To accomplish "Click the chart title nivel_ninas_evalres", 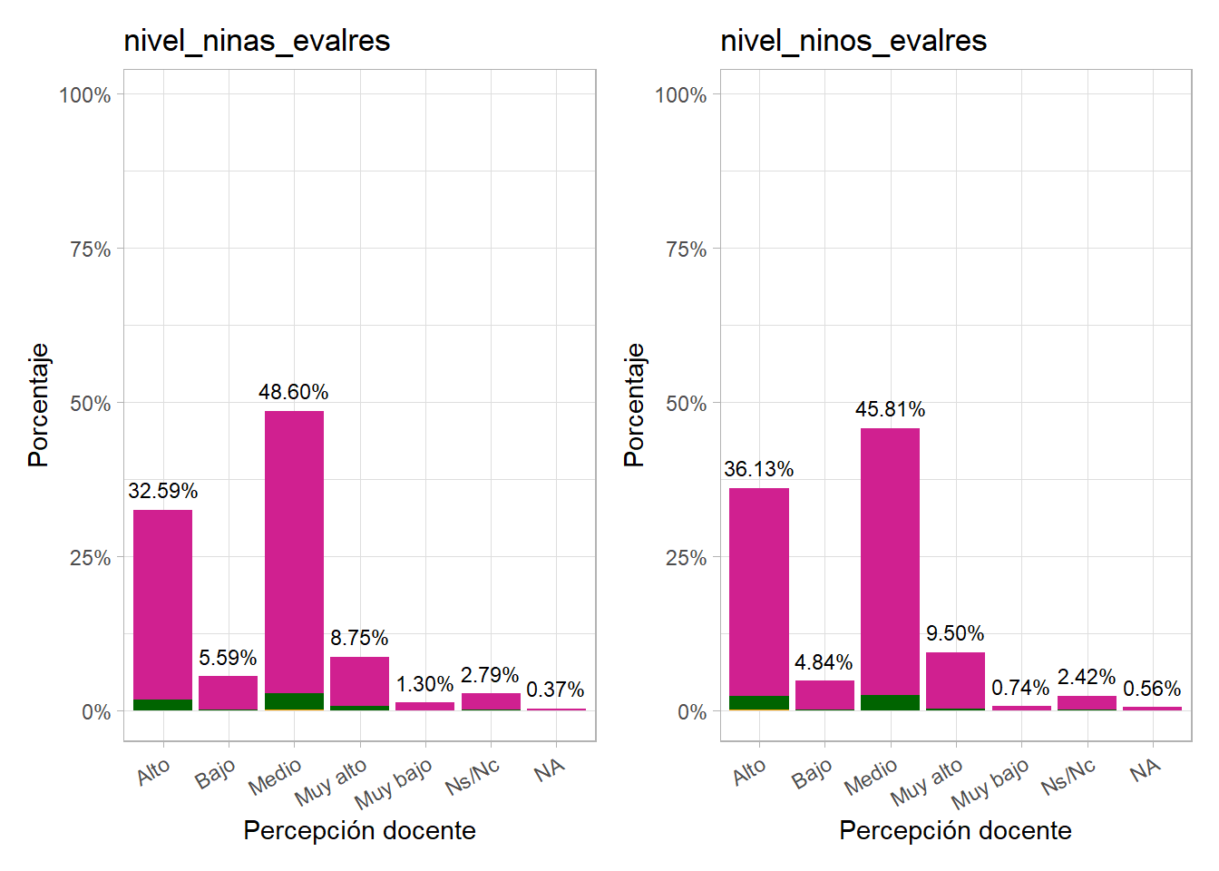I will pyautogui.click(x=257, y=41).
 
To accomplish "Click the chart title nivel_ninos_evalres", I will pyautogui.click(x=853, y=41).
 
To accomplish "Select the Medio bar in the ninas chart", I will pyautogui.click(x=294, y=544).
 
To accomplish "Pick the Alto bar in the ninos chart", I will pyautogui.click(x=758, y=590).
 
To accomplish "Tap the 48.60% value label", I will pyautogui.click(x=293, y=392).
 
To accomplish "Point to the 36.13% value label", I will pyautogui.click(x=758, y=469).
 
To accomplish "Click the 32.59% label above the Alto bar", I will pyautogui.click(x=162, y=491).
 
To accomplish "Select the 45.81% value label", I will pyautogui.click(x=890, y=409).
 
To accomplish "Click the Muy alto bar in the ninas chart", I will pyautogui.click(x=359, y=680).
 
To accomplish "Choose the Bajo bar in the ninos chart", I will pyautogui.click(x=824, y=694).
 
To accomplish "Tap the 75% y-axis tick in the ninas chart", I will pyautogui.click(x=90, y=250).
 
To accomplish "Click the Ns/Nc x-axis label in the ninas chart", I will pyautogui.click(x=473, y=777).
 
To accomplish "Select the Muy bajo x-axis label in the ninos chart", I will pyautogui.click(x=990, y=784).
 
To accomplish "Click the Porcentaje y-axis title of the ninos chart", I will pyautogui.click(x=634, y=405).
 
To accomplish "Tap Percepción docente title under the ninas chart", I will pyautogui.click(x=359, y=830).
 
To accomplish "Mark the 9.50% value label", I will pyautogui.click(x=955, y=633).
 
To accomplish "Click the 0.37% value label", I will pyautogui.click(x=555, y=690).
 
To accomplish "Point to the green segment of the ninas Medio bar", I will pyautogui.click(x=294, y=701).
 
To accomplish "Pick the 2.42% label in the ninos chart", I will pyautogui.click(x=1086, y=677).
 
